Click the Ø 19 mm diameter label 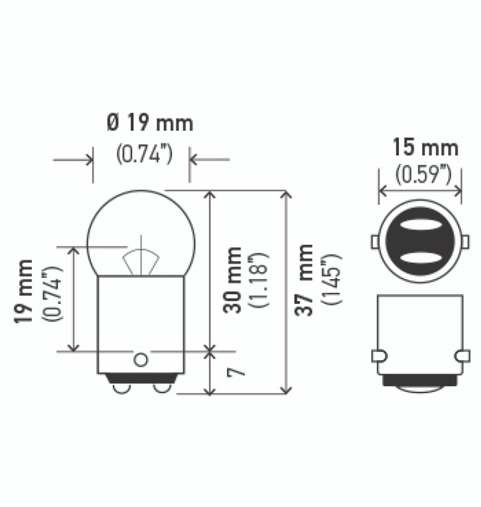coord(150,124)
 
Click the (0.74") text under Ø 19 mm coord(145,154)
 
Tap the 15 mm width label coord(425,147)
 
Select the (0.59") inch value coord(423,175)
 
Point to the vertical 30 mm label coord(233,280)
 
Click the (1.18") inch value coord(260,280)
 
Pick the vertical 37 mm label coord(304,280)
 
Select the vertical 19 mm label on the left coord(24,292)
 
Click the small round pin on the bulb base coord(141,360)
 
